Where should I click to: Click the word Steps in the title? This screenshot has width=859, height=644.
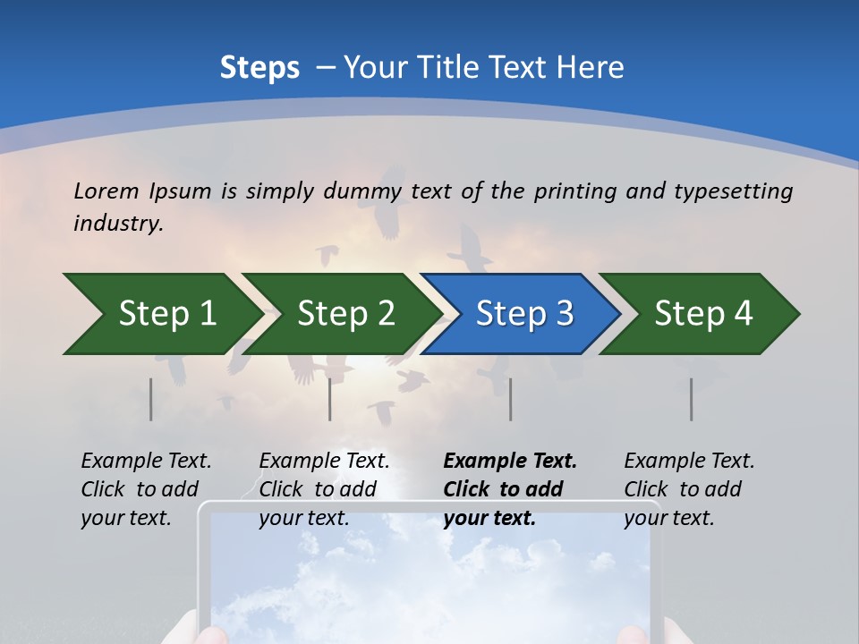coord(259,68)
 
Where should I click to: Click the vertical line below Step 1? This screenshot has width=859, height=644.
coord(151,399)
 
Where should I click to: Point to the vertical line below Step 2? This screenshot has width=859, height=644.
coord(330,399)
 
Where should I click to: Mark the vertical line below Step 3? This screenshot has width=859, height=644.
coord(511,399)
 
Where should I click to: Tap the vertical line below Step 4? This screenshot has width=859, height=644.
coord(692,399)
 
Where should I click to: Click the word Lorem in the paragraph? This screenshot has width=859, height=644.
coord(107,191)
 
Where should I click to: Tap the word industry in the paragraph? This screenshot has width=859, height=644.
coord(118,224)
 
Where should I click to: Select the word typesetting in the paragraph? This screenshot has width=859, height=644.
coord(733,191)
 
